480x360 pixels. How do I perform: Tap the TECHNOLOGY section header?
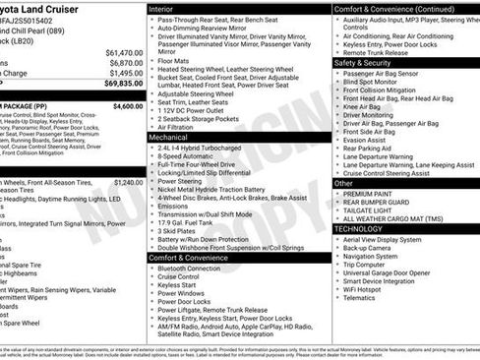[x=359, y=228]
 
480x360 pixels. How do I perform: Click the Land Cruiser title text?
[x=47, y=9]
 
